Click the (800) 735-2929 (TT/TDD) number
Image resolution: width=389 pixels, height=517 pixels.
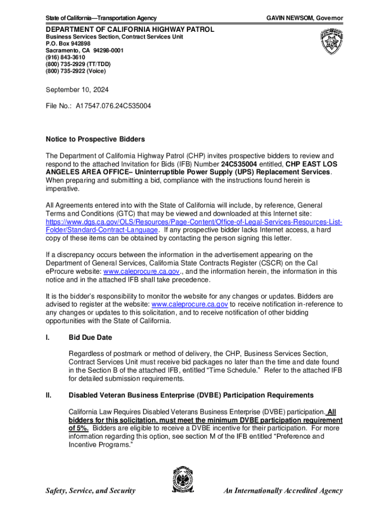(x=78, y=64)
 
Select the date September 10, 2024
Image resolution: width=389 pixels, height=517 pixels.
(x=77, y=90)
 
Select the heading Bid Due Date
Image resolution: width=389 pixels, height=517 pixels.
(x=90, y=337)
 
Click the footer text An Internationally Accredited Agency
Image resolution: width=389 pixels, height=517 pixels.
(x=283, y=490)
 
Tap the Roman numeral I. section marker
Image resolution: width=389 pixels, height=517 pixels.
(x=47, y=337)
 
